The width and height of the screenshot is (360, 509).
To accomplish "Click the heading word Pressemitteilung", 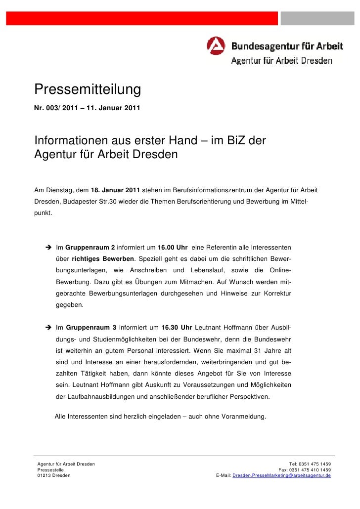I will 88,89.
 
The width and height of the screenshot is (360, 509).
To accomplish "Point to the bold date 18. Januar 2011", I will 115,190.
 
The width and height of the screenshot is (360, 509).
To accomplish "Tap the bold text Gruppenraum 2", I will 90,247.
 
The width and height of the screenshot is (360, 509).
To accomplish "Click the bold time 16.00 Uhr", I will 172,247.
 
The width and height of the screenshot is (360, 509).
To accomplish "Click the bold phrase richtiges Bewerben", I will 103,259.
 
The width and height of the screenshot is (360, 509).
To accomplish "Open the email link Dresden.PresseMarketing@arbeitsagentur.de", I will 281,475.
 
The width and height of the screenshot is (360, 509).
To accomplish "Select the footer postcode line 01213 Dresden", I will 54,475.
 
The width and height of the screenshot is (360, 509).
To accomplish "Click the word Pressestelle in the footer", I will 51,470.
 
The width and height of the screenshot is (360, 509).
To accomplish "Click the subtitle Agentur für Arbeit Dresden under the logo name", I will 282,61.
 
